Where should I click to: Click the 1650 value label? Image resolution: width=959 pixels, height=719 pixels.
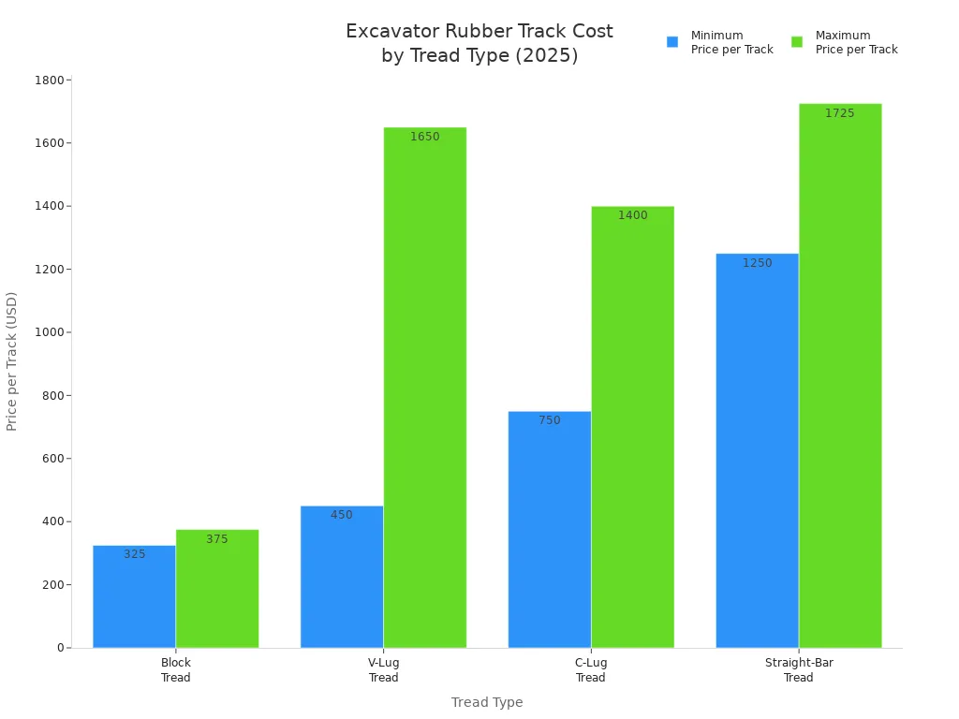pos(424,137)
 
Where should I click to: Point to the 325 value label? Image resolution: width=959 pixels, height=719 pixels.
pos(134,554)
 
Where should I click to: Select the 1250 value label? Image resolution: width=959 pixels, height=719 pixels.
pos(757,263)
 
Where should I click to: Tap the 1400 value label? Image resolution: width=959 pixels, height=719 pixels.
pos(632,215)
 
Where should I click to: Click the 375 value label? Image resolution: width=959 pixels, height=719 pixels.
pos(216,539)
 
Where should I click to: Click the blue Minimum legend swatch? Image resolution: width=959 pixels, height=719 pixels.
pos(671,42)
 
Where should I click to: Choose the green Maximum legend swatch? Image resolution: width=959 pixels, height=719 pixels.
pos(797,42)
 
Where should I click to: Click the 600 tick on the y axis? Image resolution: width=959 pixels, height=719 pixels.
pos(54,459)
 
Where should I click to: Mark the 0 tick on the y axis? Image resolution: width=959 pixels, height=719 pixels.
pos(60,648)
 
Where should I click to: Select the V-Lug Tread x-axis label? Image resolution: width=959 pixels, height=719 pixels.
pos(383,670)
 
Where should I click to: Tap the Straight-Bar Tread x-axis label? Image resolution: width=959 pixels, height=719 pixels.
pos(799,670)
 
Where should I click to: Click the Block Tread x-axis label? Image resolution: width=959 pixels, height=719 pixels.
pos(175,670)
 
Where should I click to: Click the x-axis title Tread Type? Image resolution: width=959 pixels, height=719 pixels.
pos(487,702)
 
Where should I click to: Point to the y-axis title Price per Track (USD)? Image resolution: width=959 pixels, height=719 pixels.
pos(12,361)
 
